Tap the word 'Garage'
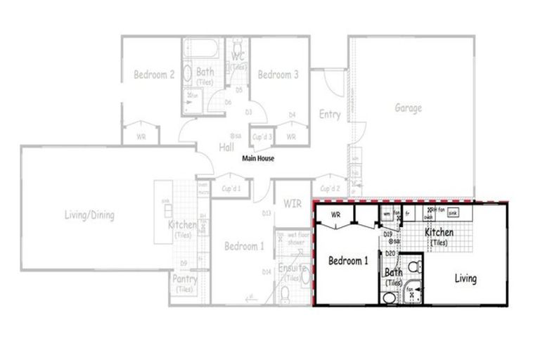[408, 108]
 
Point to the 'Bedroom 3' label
[278, 74]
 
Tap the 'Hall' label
[226, 147]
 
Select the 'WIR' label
[292, 204]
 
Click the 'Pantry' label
[184, 279]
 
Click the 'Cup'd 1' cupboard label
[231, 188]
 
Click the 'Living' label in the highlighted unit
[465, 278]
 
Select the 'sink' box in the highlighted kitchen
[454, 212]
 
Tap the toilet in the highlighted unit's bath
[415, 266]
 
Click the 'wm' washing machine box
[387, 212]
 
